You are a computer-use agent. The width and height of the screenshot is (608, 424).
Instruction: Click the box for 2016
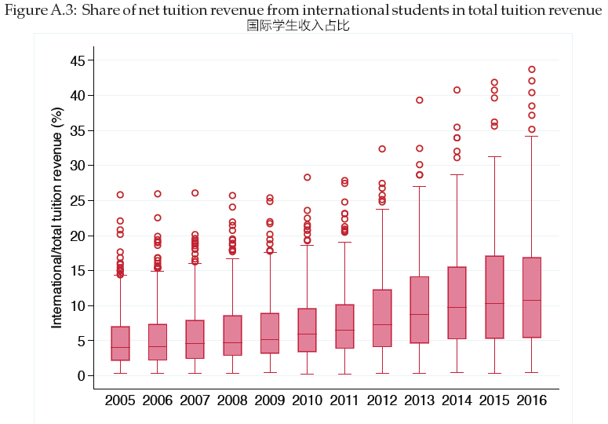point(531,298)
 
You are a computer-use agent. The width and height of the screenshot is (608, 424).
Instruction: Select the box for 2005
point(120,343)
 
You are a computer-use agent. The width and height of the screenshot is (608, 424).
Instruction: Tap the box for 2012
point(382,318)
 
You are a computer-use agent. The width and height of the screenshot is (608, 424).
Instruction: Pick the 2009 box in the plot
point(270,333)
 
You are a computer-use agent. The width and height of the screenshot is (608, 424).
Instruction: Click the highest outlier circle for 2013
point(420,101)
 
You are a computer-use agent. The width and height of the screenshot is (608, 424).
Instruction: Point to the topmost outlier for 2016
point(532,69)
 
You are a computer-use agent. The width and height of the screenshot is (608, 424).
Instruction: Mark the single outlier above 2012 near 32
point(382,149)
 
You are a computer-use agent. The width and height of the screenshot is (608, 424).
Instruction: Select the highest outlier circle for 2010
point(308,177)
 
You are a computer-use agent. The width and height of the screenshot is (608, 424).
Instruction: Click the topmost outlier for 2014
point(457,90)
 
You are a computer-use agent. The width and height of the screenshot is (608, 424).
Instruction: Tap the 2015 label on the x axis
point(494,400)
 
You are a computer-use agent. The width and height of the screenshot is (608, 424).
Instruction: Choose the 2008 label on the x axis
point(232,400)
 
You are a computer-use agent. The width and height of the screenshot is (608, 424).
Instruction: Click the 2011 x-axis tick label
point(344,400)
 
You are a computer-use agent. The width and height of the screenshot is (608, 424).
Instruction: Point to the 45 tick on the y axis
point(78,60)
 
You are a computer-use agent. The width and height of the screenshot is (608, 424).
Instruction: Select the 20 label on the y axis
point(78,236)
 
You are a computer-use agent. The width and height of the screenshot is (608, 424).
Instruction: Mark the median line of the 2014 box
point(457,307)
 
